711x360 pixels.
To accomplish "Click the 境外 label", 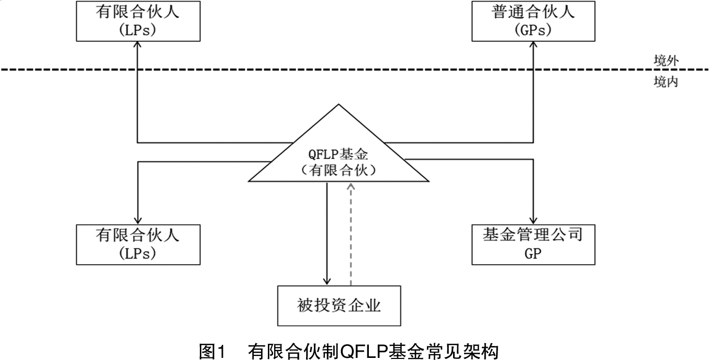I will (665, 61).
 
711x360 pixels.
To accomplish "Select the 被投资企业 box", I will (338, 305).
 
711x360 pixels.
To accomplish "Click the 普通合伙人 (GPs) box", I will (533, 21).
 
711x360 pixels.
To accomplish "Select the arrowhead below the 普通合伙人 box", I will (534, 46).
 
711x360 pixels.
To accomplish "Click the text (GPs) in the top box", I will (533, 30).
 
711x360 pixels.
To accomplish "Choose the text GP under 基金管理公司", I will (533, 254).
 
